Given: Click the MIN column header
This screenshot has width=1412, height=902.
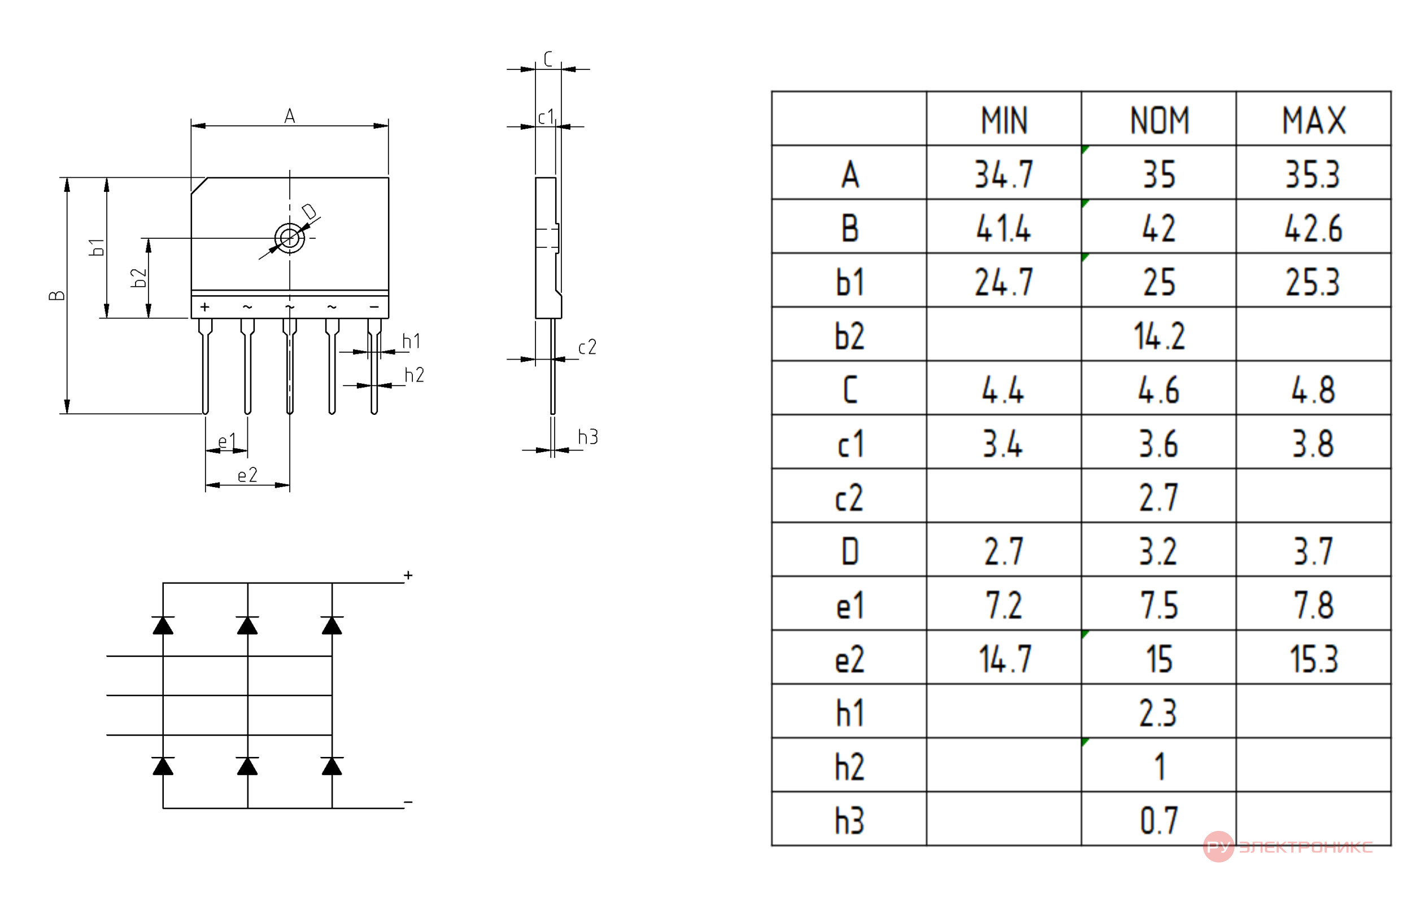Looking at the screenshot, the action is click(1004, 121).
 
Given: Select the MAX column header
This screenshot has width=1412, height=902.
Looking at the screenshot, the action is click(1314, 121).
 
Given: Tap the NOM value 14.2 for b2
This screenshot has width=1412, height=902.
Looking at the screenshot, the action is click(1158, 336).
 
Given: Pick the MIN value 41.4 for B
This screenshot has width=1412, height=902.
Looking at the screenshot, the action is click(1003, 228).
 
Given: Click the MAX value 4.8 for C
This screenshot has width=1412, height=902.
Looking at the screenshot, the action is click(1314, 389).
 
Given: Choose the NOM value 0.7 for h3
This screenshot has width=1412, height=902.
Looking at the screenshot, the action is click(1158, 821).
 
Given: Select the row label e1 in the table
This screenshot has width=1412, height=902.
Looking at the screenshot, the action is click(849, 606).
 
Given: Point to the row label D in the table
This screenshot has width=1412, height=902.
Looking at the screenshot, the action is click(849, 551).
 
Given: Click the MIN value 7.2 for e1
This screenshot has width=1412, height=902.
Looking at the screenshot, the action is click(1003, 606).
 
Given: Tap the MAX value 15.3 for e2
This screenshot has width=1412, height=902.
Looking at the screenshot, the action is click(1314, 659).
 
